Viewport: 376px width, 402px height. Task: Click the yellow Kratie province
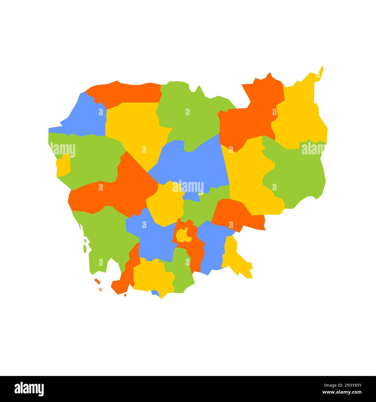tap(249, 176)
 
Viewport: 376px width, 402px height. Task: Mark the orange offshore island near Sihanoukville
tap(98, 281)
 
